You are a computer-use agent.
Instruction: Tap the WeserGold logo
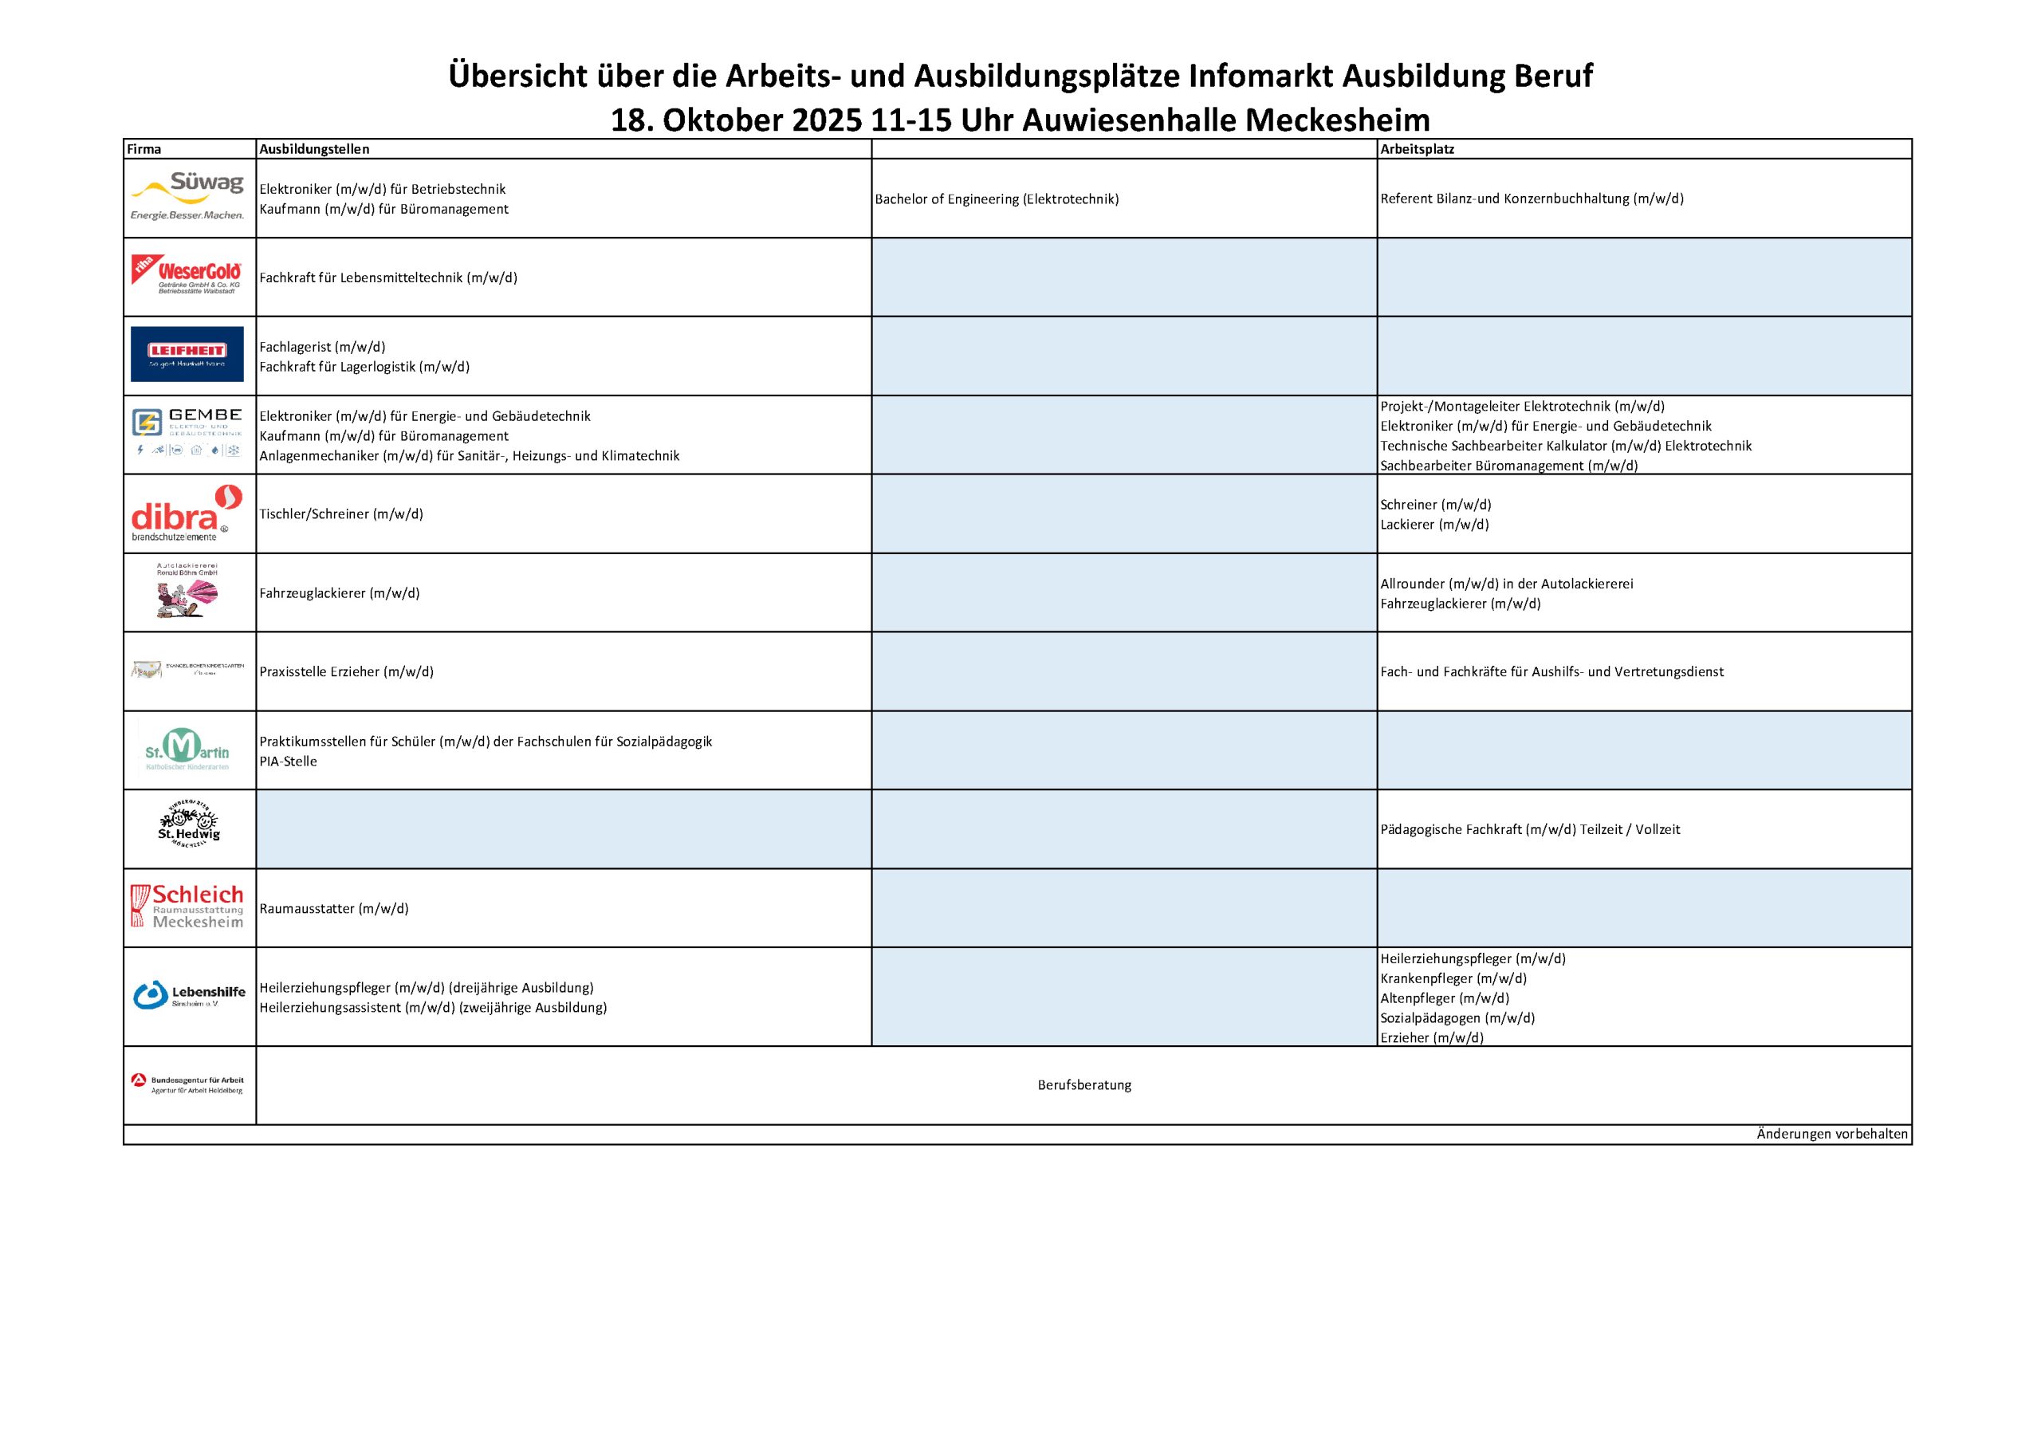pyautogui.click(x=187, y=276)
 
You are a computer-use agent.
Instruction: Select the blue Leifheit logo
pyautogui.click(x=187, y=354)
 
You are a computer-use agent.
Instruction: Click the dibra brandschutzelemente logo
pyautogui.click(x=187, y=513)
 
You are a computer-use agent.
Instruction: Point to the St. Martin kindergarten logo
pyautogui.click(x=187, y=750)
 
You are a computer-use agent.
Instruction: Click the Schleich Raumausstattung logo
pyautogui.click(x=187, y=907)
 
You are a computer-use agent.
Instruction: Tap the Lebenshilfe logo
pyautogui.click(x=188, y=995)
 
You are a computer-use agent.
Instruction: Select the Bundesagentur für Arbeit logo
pyautogui.click(x=187, y=1084)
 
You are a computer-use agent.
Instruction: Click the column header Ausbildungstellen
pyautogui.click(x=314, y=149)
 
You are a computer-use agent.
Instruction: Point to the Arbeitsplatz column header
pyautogui.click(x=1417, y=149)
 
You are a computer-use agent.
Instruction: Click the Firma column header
pyautogui.click(x=144, y=149)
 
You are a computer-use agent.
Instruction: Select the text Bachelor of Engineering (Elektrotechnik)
pyautogui.click(x=997, y=199)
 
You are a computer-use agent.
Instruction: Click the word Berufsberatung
pyautogui.click(x=1083, y=1084)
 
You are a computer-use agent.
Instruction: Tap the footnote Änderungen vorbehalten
pyautogui.click(x=1832, y=1134)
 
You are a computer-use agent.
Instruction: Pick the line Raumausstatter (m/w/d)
pyautogui.click(x=333, y=909)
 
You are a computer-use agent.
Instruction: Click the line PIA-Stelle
pyautogui.click(x=288, y=761)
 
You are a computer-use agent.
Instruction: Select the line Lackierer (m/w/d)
pyautogui.click(x=1433, y=525)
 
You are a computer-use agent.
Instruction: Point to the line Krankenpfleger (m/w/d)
pyautogui.click(x=1453, y=978)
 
